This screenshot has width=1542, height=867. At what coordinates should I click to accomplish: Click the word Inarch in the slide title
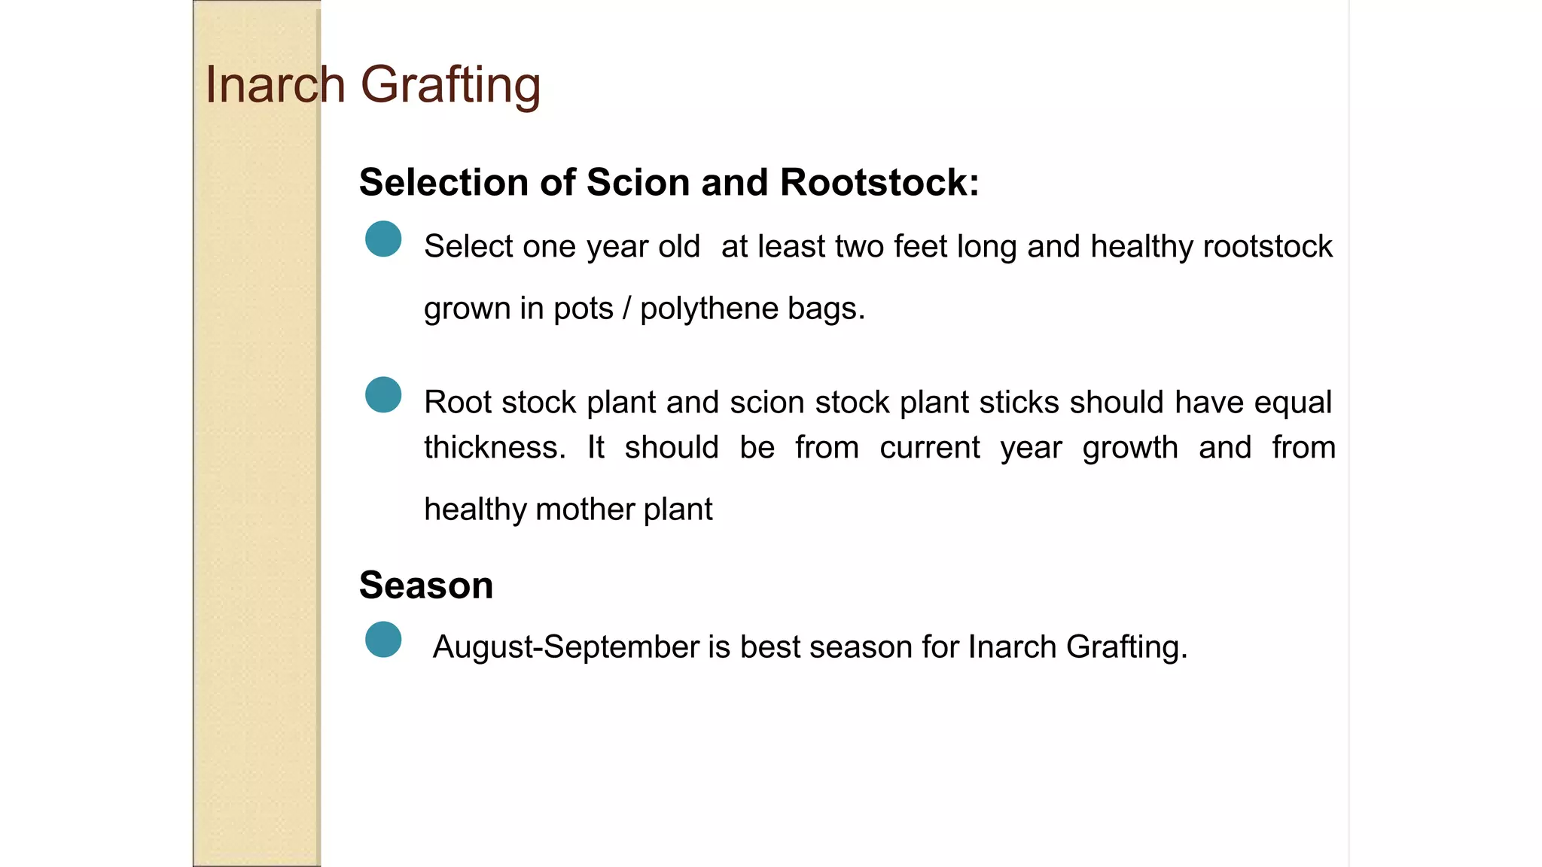click(x=275, y=84)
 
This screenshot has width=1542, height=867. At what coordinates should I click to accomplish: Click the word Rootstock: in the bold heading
click(x=879, y=182)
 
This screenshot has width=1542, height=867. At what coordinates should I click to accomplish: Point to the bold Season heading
click(x=425, y=585)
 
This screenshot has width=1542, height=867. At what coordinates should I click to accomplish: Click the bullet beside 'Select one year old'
click(x=383, y=239)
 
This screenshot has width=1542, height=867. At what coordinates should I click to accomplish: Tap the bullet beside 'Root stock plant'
click(x=383, y=395)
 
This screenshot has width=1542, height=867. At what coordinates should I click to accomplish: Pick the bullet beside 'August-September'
click(x=383, y=640)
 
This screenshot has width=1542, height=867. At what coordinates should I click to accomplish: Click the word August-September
click(x=566, y=647)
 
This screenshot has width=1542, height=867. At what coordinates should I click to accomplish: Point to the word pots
click(x=583, y=309)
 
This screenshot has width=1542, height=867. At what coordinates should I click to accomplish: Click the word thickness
click(x=495, y=448)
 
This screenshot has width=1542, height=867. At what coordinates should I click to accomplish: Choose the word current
click(x=930, y=448)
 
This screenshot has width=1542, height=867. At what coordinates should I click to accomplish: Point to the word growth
click(x=1129, y=449)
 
